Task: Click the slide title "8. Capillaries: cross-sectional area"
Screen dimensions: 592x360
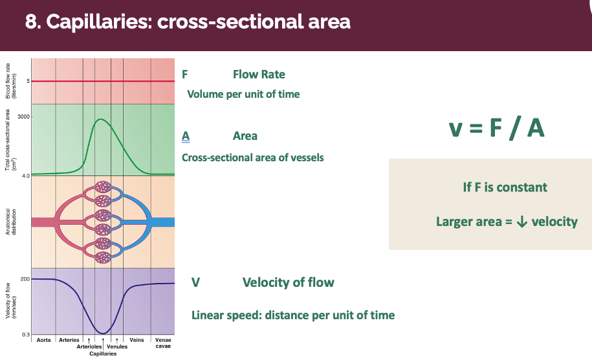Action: [x=188, y=22]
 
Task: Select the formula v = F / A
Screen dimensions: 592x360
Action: [x=496, y=128]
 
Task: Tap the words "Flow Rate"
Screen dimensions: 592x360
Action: [x=259, y=74]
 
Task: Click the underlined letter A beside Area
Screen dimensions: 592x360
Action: [x=186, y=136]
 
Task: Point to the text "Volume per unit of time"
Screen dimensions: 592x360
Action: [x=243, y=94]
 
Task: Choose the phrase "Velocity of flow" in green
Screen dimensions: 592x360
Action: [x=288, y=282]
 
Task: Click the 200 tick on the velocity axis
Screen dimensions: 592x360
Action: [x=25, y=278]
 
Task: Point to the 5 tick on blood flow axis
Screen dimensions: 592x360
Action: [x=28, y=81]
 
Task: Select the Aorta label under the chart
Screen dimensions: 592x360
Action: [x=44, y=340]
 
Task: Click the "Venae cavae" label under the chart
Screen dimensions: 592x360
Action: [x=163, y=343]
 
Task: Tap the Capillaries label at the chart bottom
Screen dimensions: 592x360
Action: [x=103, y=354]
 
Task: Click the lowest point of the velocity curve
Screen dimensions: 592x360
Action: [x=103, y=333]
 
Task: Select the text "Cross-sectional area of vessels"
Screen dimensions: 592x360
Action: [x=253, y=157]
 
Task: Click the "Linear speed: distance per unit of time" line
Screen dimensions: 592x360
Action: [x=293, y=315]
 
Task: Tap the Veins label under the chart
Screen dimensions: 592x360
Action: [x=137, y=340]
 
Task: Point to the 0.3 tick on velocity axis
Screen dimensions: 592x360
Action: [x=25, y=334]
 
